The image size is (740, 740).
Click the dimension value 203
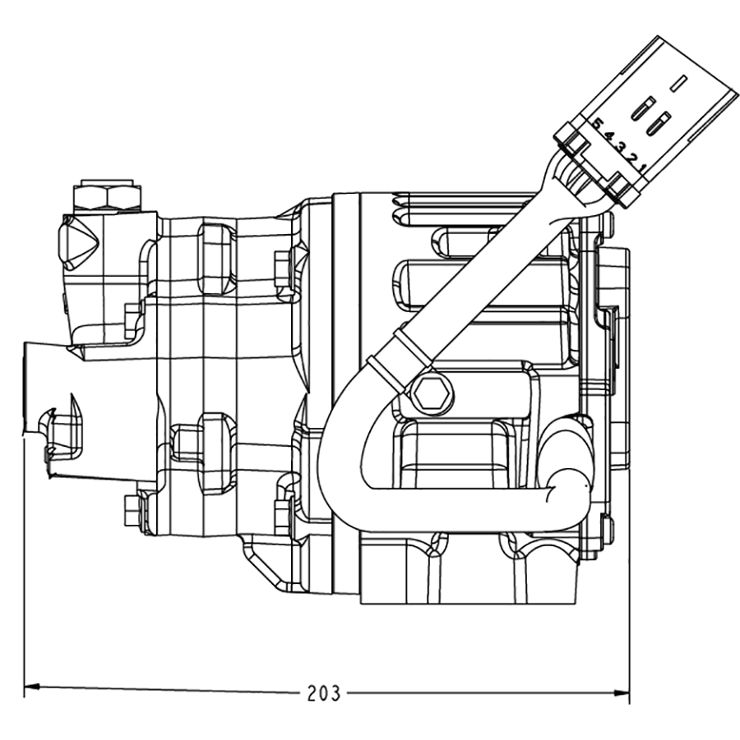323,693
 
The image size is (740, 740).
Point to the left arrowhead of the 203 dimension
32,686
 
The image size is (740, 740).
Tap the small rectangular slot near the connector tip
678,82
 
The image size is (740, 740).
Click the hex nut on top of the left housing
105,195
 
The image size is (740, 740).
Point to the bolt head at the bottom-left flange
130,510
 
